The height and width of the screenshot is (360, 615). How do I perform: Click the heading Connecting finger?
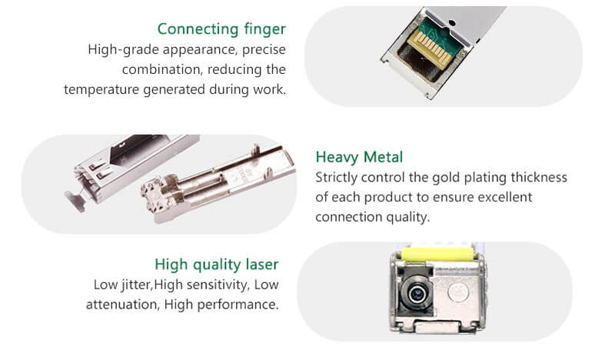(x=221, y=29)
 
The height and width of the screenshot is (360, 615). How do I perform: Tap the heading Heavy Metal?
(x=359, y=157)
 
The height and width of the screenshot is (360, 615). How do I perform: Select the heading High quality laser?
(x=217, y=265)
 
